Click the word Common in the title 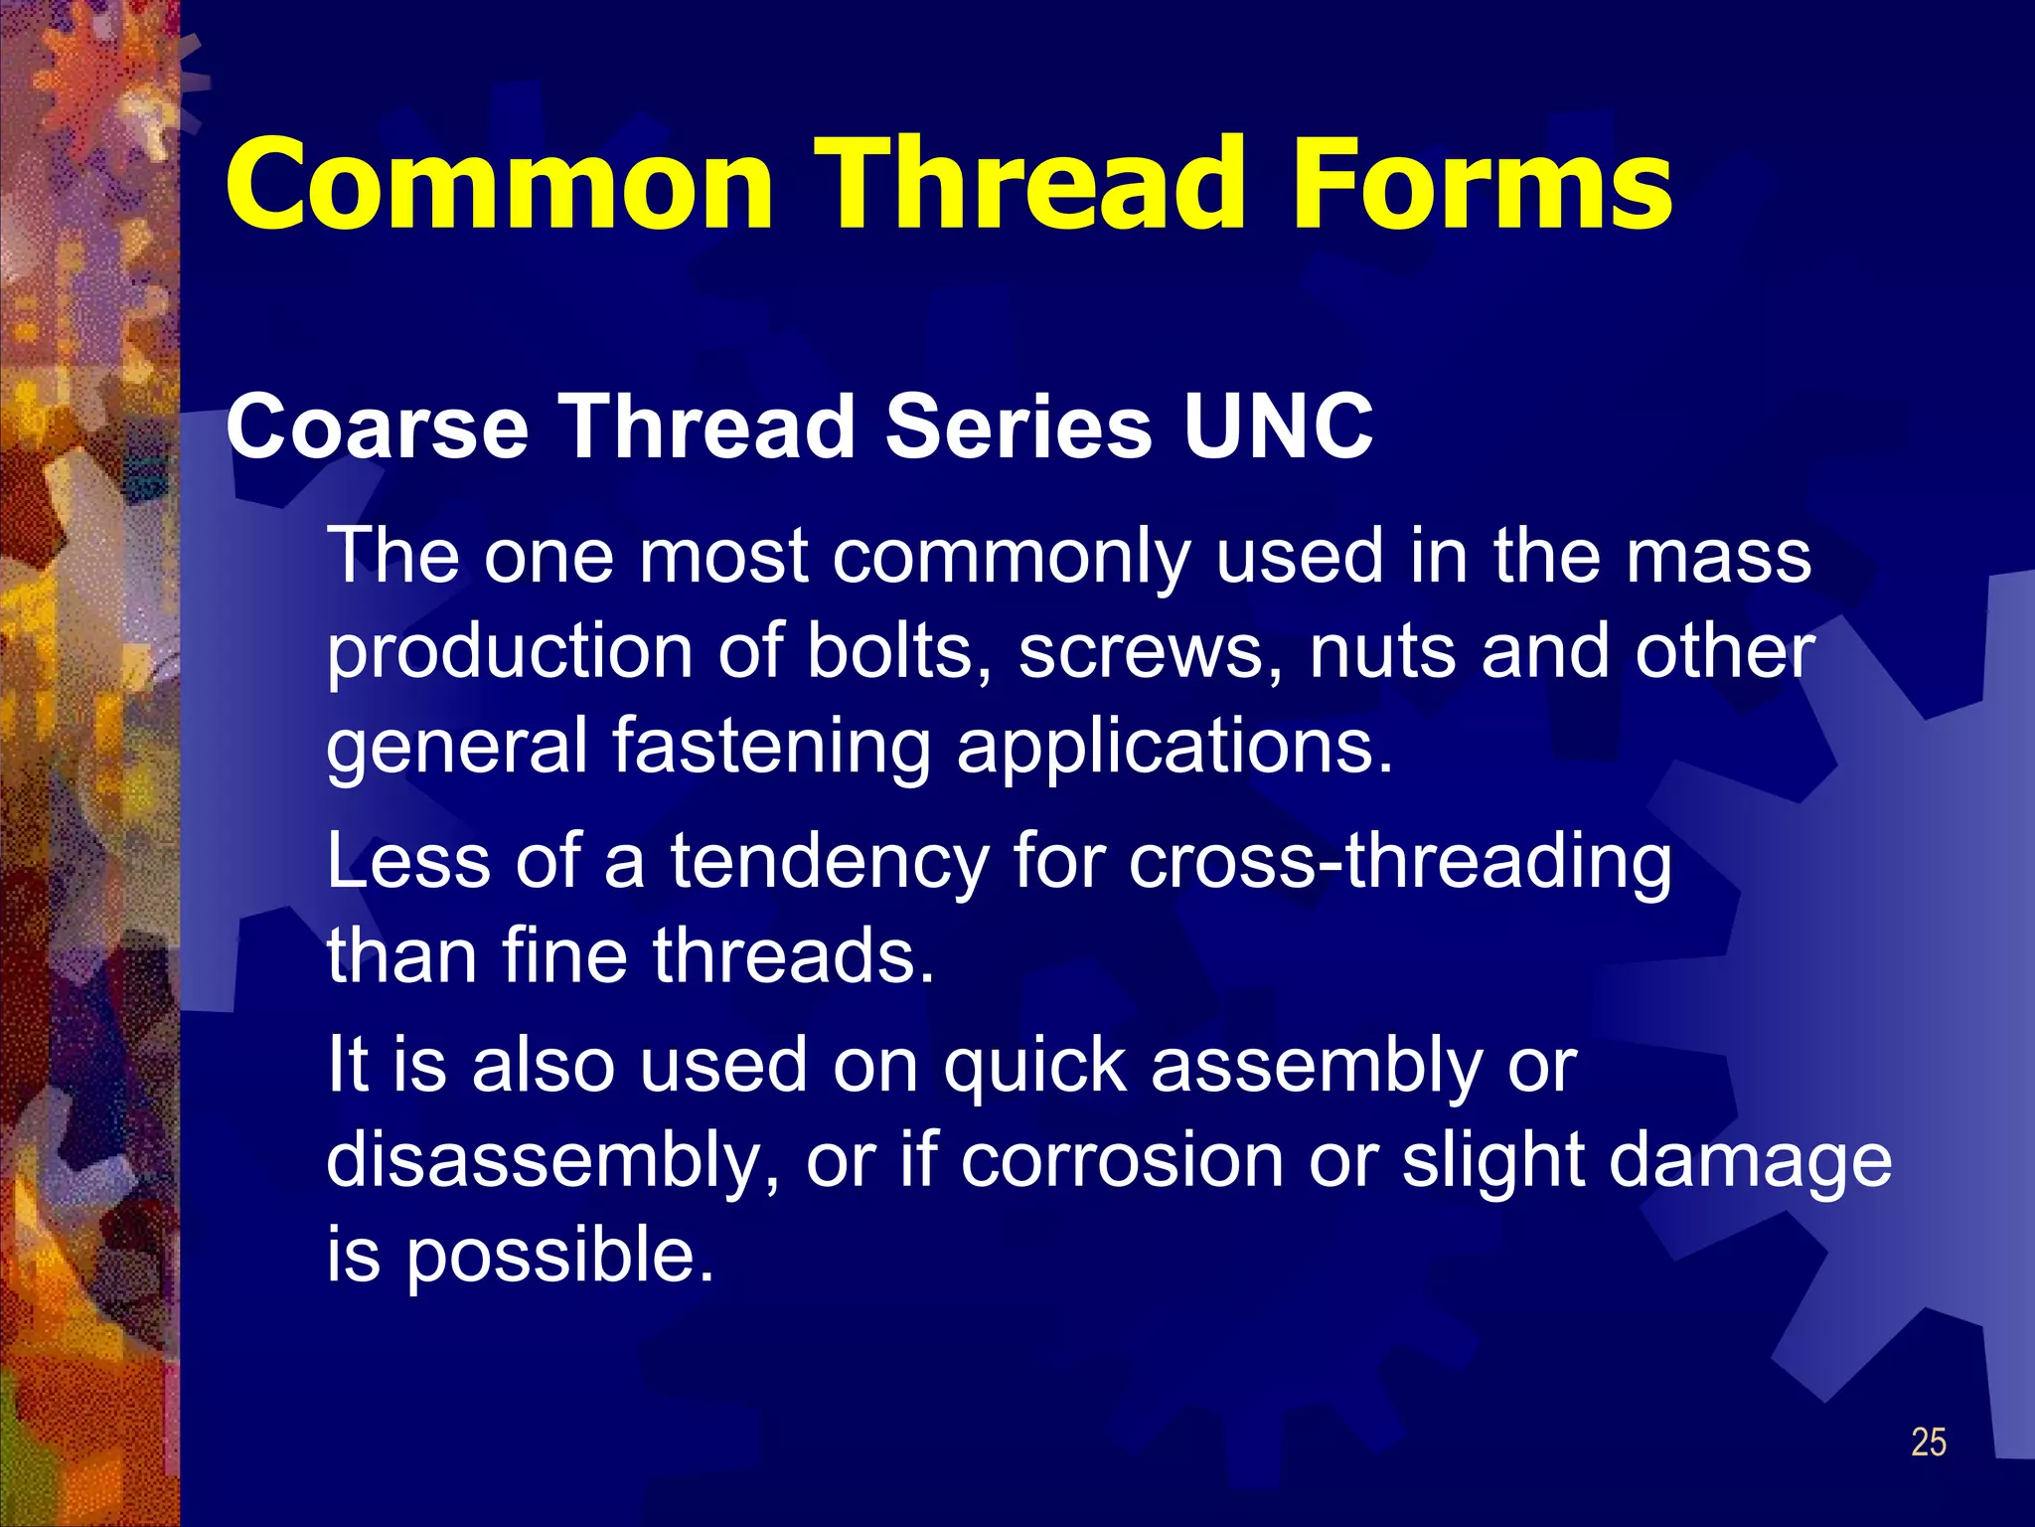point(499,184)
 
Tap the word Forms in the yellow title point(1480,184)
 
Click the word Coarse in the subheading point(378,426)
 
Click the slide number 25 point(1928,1442)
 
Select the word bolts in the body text point(888,651)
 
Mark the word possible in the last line point(559,1257)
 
